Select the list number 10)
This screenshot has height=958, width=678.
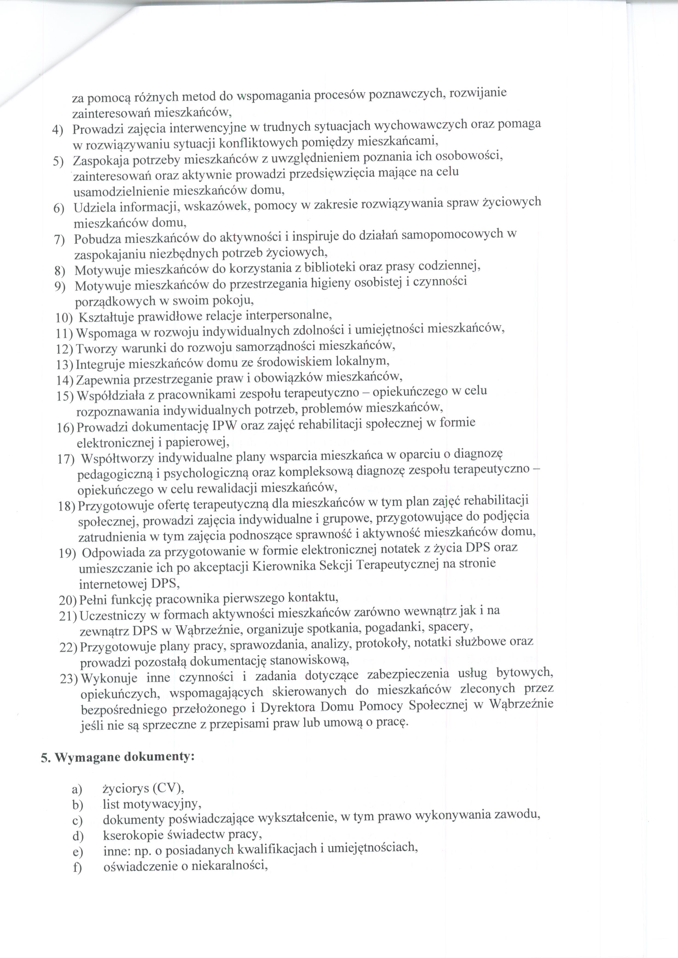coord(64,318)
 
